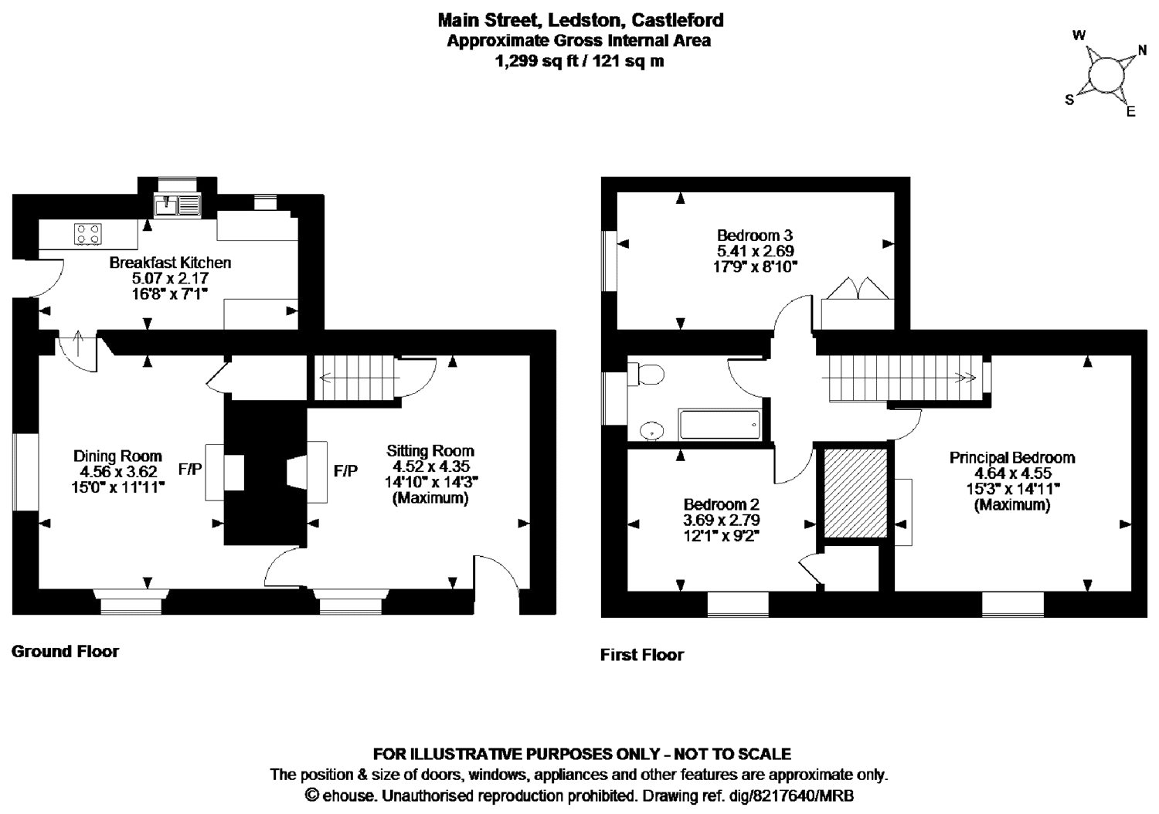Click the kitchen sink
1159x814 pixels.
tap(177, 205)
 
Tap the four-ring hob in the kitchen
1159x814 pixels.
tap(87, 233)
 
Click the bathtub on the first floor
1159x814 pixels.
tap(719, 424)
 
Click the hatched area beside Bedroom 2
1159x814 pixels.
tap(855, 492)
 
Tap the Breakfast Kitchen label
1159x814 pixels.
tap(170, 263)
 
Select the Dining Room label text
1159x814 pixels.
tap(117, 456)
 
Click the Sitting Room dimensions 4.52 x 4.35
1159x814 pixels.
tap(430, 466)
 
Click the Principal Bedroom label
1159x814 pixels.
tap(1011, 457)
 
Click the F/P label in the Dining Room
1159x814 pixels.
tap(190, 469)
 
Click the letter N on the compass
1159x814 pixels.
tap(1141, 53)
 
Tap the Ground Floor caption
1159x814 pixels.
tap(65, 651)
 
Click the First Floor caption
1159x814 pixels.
tap(641, 655)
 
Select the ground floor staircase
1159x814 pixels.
tap(355, 378)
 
